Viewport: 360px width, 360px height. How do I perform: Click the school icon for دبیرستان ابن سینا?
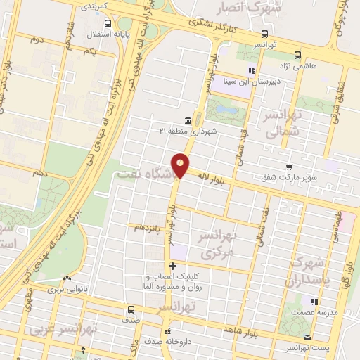251,70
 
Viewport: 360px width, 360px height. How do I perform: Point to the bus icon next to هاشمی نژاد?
297,54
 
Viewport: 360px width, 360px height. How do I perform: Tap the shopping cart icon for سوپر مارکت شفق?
289,167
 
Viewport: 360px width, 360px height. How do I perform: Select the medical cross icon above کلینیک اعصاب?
173,266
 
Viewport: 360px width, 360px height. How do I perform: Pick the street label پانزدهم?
149,226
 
